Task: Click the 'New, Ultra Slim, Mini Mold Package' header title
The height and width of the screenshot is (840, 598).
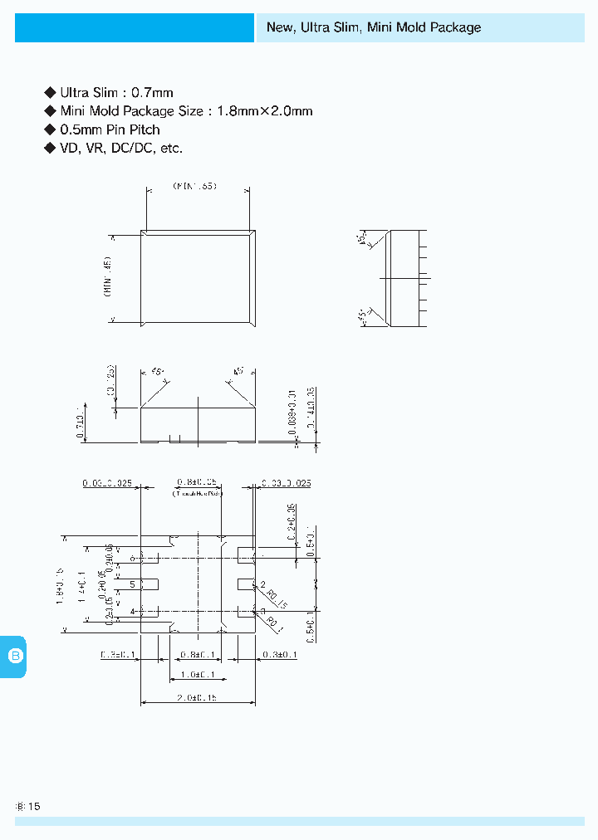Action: [x=373, y=27]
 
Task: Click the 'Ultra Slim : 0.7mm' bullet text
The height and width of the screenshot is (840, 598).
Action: [x=116, y=93]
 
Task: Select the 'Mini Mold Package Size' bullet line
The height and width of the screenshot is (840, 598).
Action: [x=186, y=111]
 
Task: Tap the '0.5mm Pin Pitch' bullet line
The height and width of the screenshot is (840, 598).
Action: [x=110, y=129]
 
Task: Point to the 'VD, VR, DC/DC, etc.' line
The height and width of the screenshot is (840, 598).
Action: [x=121, y=148]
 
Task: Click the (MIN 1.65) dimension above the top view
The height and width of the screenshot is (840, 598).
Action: [x=195, y=187]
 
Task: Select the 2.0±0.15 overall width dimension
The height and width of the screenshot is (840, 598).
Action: [x=198, y=698]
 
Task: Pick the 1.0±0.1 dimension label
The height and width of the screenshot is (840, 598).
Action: [x=198, y=675]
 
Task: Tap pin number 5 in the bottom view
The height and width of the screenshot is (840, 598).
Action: [x=132, y=584]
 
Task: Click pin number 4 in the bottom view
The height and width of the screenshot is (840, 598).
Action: [x=132, y=612]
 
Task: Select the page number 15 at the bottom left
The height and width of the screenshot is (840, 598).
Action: [x=34, y=806]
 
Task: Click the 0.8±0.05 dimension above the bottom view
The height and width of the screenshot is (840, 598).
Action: [x=198, y=482]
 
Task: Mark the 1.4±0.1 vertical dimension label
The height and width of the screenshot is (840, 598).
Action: [x=81, y=585]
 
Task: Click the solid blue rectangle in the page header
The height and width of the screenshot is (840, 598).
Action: [x=134, y=27]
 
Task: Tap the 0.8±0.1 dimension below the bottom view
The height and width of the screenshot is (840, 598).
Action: [x=198, y=655]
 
